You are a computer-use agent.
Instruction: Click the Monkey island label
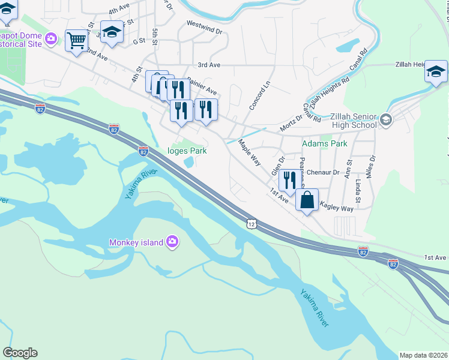pyautogui.click(x=136, y=242)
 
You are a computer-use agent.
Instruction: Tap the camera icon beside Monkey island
pyautogui.click(x=173, y=242)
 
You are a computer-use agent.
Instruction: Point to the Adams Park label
pyautogui.click(x=325, y=144)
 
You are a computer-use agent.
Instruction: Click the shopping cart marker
pyautogui.click(x=76, y=41)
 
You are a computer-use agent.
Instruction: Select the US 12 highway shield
pyautogui.click(x=250, y=223)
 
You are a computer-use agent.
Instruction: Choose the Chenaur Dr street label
pyautogui.click(x=323, y=172)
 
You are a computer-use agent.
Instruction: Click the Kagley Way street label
pyautogui.click(x=337, y=207)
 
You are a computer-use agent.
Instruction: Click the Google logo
pyautogui.click(x=20, y=353)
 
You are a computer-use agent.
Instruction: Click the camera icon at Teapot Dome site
pyautogui.click(x=51, y=38)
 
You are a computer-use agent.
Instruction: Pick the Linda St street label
pyautogui.click(x=358, y=190)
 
